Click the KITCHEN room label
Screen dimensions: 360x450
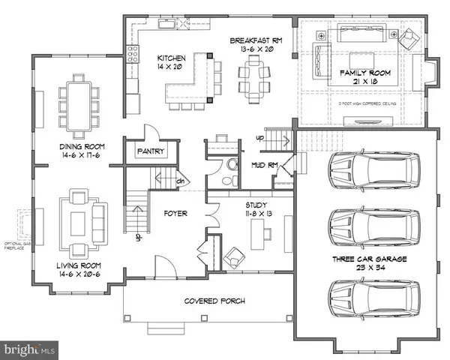pos(170,58)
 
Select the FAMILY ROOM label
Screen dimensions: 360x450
pos(356,71)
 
